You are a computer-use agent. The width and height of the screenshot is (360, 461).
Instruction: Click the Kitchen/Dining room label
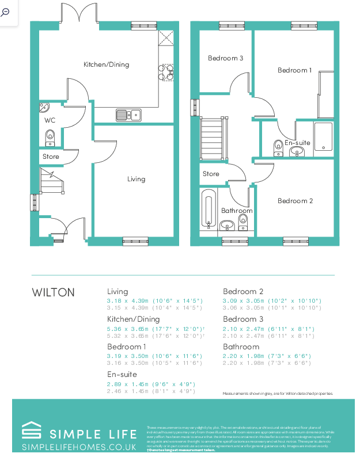(x=106, y=64)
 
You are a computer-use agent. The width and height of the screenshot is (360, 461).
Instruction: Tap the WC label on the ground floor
(x=50, y=120)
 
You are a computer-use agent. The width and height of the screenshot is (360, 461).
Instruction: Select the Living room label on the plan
(x=136, y=179)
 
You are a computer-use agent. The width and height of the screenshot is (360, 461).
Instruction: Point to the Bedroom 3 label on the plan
(x=225, y=58)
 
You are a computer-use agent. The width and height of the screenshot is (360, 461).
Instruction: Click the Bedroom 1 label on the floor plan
(x=294, y=70)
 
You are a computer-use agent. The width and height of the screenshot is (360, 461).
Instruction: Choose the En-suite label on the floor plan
(x=297, y=142)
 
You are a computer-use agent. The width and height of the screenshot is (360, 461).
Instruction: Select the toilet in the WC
(x=50, y=137)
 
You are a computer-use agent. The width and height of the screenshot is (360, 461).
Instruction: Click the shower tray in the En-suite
(x=323, y=137)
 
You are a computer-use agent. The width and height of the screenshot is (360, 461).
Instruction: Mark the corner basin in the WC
(x=44, y=107)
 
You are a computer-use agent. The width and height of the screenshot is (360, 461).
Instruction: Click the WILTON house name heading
(x=53, y=292)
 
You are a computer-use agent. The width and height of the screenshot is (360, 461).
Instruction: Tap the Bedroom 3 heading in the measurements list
(x=243, y=319)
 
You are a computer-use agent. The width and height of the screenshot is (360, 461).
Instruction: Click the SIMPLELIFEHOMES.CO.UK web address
(x=79, y=447)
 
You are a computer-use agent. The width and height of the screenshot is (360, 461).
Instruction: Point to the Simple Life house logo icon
(x=31, y=431)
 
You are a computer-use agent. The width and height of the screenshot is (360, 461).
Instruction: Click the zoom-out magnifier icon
(x=6, y=12)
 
